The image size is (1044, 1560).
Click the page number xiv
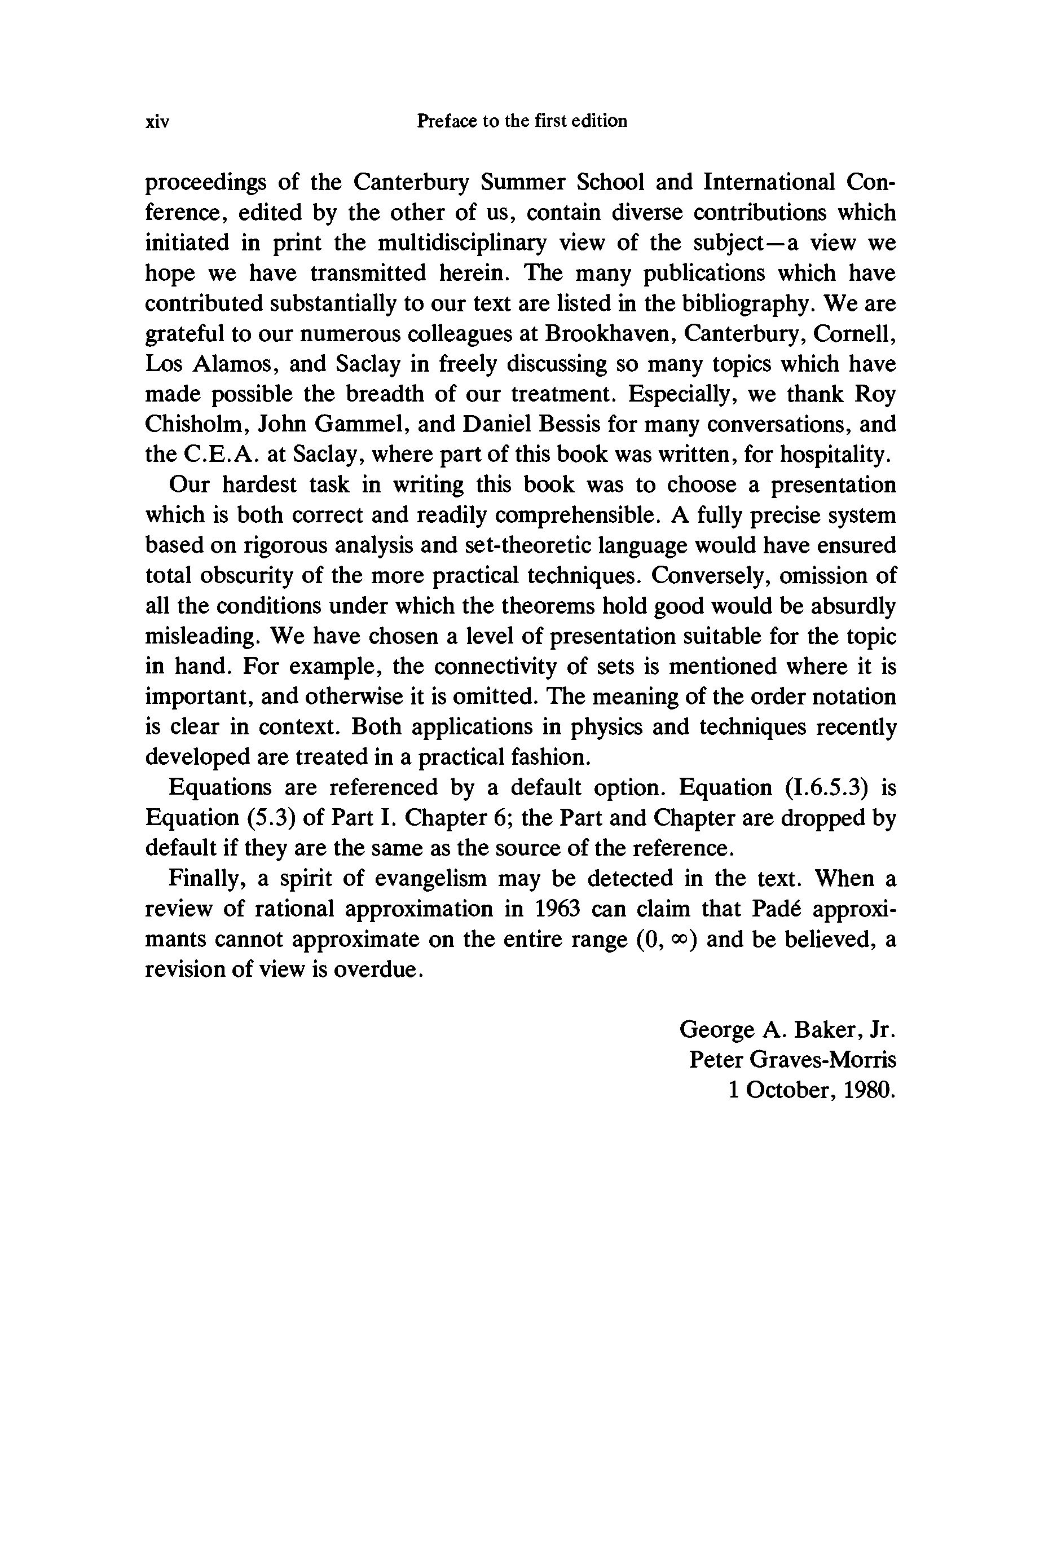157,122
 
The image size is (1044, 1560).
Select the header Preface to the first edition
521,121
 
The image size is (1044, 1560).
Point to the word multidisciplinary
462,243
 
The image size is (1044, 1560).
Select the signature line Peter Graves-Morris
792,1059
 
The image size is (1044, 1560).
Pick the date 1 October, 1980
812,1090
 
